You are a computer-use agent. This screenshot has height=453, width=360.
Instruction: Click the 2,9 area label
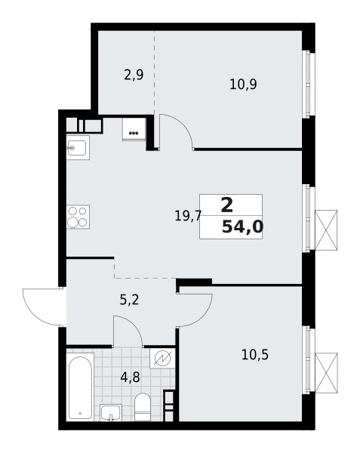click(x=134, y=75)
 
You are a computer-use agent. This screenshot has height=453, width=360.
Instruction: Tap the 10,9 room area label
click(x=243, y=85)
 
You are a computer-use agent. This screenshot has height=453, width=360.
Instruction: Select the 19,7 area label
click(x=188, y=216)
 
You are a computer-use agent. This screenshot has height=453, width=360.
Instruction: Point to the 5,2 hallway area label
click(x=129, y=300)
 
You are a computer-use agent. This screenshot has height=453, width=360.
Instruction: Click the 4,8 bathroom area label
click(x=131, y=377)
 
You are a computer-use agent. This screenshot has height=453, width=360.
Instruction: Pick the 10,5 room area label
click(x=255, y=355)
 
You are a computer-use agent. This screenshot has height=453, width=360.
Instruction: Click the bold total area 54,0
click(x=242, y=227)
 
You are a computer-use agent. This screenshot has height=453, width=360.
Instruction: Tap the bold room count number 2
click(x=227, y=205)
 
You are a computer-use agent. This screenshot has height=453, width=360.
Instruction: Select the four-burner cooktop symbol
click(x=78, y=217)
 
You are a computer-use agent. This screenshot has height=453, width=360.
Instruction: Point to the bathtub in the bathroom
click(x=80, y=387)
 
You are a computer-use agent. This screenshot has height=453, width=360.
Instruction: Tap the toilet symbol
click(x=143, y=407)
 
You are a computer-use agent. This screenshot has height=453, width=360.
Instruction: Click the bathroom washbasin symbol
click(x=111, y=412)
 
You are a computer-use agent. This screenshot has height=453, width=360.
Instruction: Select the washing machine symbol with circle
click(x=162, y=358)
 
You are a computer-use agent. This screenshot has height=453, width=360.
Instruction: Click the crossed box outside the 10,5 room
click(x=326, y=373)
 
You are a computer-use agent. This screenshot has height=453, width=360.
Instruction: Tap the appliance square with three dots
click(x=134, y=129)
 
